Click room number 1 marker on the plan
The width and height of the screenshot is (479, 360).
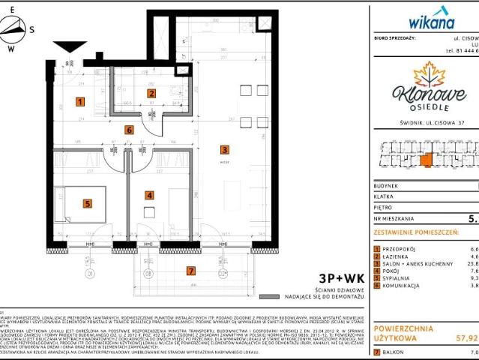click(79, 101)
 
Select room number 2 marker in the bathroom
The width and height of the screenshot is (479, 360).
click(151, 94)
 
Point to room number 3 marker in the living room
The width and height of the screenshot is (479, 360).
click(223, 148)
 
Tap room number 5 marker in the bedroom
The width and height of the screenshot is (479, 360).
click(87, 202)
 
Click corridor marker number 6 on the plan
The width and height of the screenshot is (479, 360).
click(129, 130)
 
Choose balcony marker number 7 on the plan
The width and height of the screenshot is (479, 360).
click(191, 271)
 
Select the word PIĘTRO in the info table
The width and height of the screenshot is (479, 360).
click(384, 209)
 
